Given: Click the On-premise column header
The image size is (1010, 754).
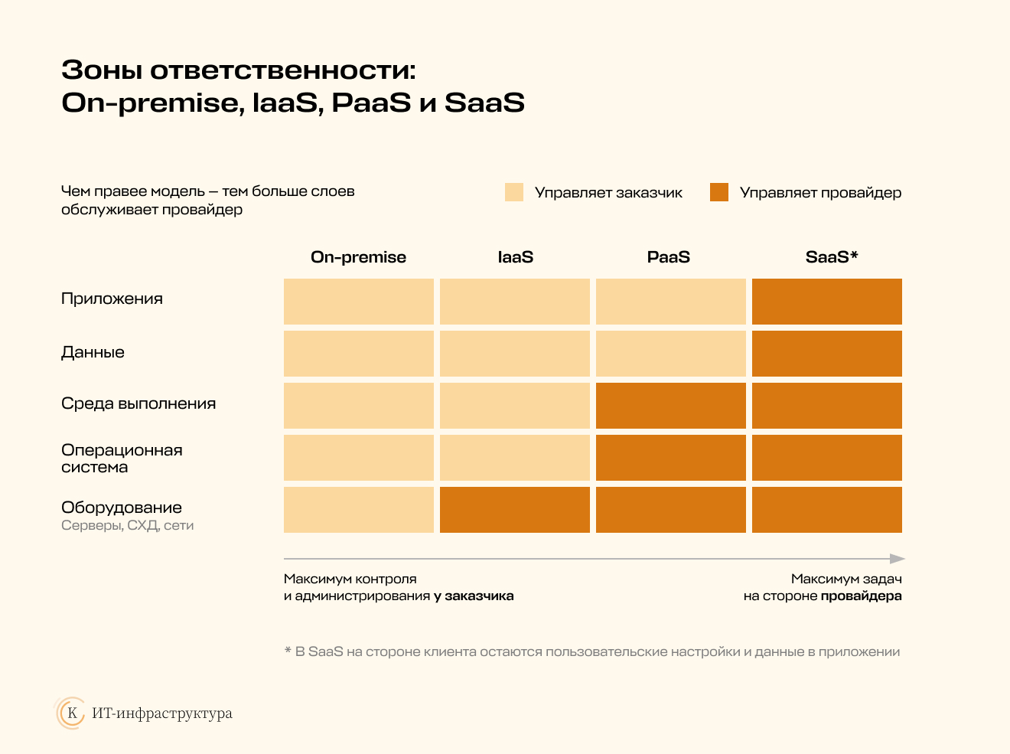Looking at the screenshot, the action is pos(358,257).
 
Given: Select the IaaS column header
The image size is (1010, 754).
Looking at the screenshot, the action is pos(516,257).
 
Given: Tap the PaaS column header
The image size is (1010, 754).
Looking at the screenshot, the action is pos(669,257).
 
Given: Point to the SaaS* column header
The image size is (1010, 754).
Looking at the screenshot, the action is pos(832,256).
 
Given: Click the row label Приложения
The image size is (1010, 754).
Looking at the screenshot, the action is pos(112,299).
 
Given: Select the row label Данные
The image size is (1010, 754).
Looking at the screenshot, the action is pos(93,352).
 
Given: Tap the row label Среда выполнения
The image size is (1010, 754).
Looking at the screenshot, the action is pos(138,403).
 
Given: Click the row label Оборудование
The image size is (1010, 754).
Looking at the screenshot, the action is pos(122,508).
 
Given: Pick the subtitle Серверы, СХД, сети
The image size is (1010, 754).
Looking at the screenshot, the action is pos(128,525).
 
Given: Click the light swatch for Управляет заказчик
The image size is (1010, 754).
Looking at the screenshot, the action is pos(514,192).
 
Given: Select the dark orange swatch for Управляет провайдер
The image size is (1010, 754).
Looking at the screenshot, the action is pos(719,192).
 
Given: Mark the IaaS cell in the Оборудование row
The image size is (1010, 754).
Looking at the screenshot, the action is pos(515,510).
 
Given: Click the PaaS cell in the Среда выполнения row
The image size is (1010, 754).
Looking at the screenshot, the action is pos(671,406).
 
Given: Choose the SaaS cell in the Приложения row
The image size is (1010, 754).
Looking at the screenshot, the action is pos(827,302).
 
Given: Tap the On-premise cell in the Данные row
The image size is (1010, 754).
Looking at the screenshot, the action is pos(358,354).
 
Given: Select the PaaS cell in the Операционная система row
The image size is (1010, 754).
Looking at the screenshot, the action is pos(671,458).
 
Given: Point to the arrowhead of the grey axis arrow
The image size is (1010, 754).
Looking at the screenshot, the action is pos(898,559).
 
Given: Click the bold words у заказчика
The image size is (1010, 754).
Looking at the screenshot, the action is pos(474,596).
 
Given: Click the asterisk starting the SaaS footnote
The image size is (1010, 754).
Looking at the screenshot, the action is pos(288,650).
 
